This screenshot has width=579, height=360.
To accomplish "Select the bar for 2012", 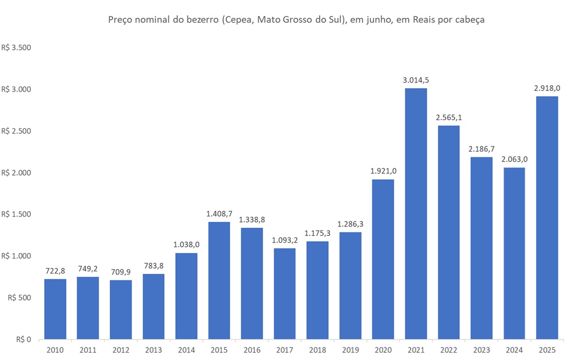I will [x=121, y=309].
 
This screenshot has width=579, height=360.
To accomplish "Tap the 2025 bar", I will [x=547, y=217].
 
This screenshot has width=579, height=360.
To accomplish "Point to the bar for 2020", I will [x=383, y=259].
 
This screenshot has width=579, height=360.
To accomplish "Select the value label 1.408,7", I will [x=219, y=214].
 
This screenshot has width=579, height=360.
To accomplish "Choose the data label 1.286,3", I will [x=350, y=224].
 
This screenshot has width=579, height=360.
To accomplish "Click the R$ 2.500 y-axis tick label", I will [x=16, y=131].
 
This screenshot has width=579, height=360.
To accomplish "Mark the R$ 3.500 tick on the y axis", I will [x=16, y=48].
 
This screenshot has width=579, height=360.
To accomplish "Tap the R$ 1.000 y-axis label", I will [x=16, y=256].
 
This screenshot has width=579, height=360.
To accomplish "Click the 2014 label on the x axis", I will [x=186, y=350].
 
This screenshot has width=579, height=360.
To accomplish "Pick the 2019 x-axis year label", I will [x=350, y=350].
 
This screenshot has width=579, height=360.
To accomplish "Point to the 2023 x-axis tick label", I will [x=482, y=350].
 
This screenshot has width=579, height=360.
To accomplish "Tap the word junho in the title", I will [x=385, y=20].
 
